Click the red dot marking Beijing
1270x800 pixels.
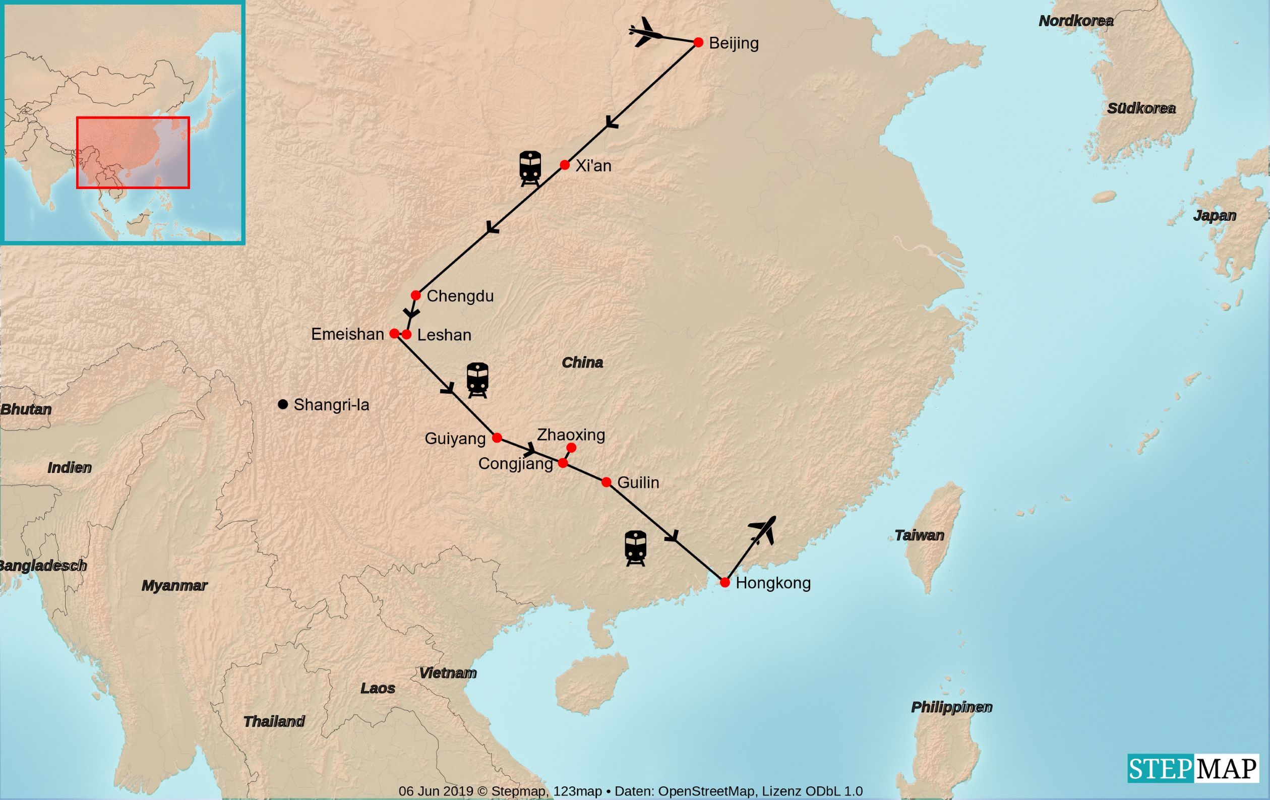698,42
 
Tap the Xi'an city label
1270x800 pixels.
593,165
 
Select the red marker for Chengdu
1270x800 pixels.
415,295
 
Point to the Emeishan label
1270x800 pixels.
347,334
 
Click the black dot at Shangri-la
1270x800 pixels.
283,404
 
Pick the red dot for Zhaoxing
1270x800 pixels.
571,448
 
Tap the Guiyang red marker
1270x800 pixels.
497,438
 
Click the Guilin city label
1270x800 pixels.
638,482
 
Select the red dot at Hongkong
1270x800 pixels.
724,583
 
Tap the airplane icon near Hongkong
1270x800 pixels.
763,530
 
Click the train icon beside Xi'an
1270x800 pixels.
530,168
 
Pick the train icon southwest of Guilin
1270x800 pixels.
636,548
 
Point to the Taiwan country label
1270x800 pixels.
919,535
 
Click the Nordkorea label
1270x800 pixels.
1076,21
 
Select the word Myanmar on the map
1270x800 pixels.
174,585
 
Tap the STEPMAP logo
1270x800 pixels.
1192,769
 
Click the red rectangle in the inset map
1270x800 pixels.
133,152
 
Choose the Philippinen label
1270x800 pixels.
951,707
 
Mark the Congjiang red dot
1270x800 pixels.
563,463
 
